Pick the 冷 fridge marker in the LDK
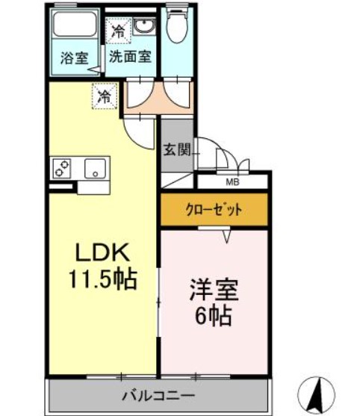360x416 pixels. [x=105, y=96]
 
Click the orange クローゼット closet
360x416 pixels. [x=214, y=210]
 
